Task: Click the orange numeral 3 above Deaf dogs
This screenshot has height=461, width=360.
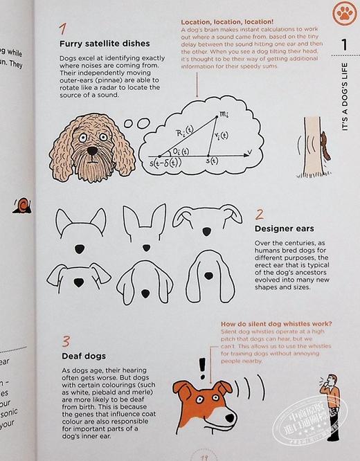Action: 66,341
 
